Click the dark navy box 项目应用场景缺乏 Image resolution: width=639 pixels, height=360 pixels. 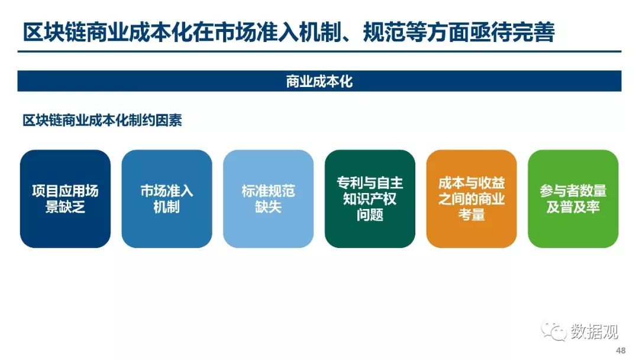[x=65, y=198]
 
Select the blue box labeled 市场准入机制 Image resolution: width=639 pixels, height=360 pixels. [x=167, y=198]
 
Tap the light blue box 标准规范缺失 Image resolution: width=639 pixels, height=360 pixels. [x=268, y=198]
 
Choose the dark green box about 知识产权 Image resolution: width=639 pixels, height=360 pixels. [x=370, y=198]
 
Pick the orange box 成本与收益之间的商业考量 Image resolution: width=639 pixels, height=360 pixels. [x=472, y=198]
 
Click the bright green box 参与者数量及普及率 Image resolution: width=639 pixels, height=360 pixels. [x=573, y=198]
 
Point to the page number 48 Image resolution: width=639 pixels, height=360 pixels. [x=621, y=350]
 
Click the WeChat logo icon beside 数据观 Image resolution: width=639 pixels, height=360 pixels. [x=553, y=330]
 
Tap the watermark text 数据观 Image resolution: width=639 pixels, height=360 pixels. [x=594, y=332]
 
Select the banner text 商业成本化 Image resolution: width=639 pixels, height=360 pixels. [x=319, y=82]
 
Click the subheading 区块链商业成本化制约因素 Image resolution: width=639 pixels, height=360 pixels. [x=102, y=121]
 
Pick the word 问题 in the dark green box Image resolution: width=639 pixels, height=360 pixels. [x=370, y=215]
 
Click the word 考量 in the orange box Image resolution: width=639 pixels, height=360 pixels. [x=472, y=215]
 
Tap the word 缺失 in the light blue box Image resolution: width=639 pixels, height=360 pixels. [x=268, y=207]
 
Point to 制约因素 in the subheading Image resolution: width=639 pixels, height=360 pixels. [x=156, y=121]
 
